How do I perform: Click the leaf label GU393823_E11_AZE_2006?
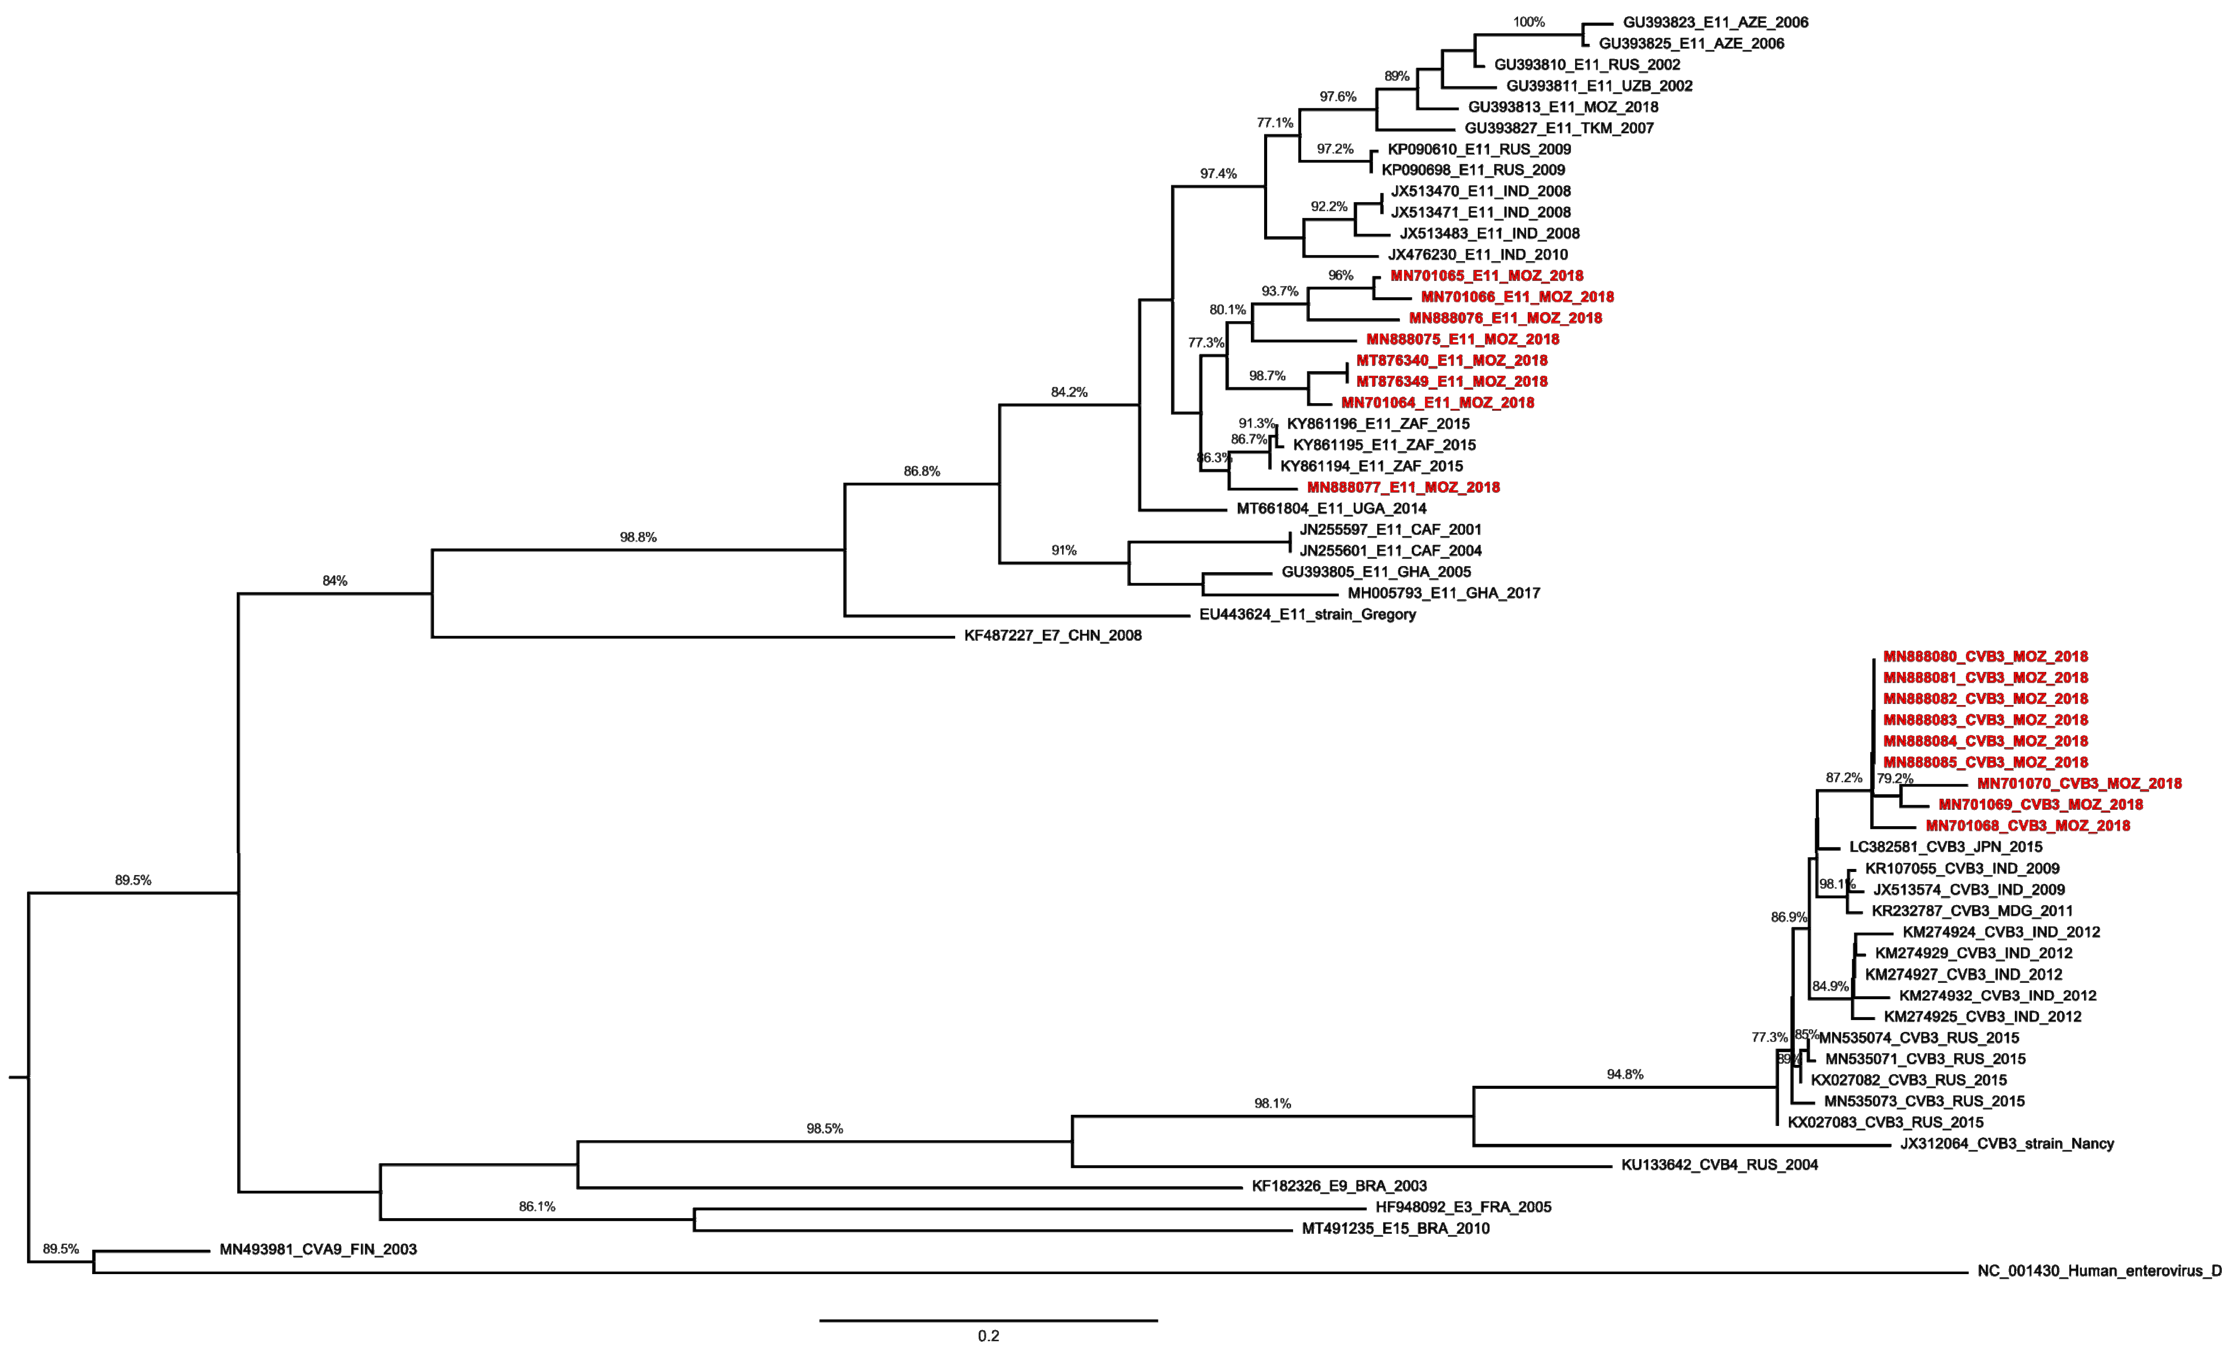point(1715,22)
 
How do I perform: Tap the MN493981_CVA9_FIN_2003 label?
point(318,1250)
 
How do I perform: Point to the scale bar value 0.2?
point(988,1336)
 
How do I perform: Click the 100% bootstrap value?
point(1529,22)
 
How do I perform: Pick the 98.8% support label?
point(638,538)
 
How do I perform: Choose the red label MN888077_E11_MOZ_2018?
point(1403,488)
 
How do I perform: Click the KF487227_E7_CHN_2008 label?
point(1052,635)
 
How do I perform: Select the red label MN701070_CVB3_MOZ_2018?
point(2079,784)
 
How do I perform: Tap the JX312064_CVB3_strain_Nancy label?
point(2007,1144)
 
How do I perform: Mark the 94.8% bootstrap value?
point(1624,1074)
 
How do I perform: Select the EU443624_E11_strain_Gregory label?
point(1307,614)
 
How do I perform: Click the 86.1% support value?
point(537,1206)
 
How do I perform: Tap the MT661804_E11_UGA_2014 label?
point(1331,509)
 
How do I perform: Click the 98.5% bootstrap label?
point(824,1129)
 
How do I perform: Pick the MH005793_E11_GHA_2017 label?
point(1444,594)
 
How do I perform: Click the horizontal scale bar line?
point(988,1320)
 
